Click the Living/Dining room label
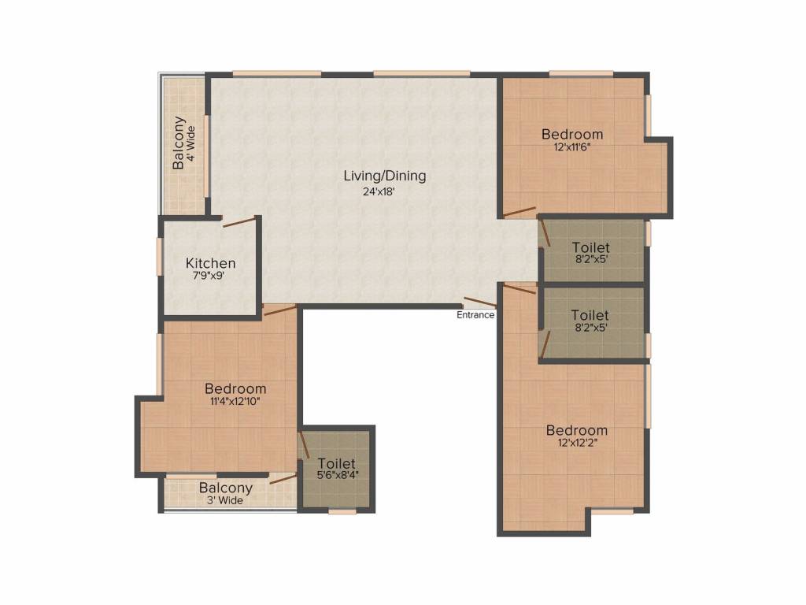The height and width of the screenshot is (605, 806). coord(384,176)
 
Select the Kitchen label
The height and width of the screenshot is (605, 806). coord(211,263)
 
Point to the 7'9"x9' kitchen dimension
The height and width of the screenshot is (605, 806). coord(208,276)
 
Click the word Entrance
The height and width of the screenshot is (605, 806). coord(475,315)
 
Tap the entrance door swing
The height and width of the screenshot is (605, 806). coord(481,302)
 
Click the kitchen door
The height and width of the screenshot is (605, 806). coord(239,222)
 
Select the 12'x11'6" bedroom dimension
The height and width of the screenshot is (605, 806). coord(572,147)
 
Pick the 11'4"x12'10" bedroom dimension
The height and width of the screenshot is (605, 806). coord(235,401)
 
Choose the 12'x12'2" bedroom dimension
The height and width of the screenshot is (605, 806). coord(577,443)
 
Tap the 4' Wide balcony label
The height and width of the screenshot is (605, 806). coord(191,143)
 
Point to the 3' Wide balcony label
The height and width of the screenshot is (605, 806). coord(225,500)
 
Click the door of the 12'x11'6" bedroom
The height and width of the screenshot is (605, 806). coord(519,212)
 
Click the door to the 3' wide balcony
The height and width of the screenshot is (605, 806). coord(283,480)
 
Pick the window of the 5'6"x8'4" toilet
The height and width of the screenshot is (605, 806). coord(342,511)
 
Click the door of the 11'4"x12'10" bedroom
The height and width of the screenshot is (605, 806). coord(280,310)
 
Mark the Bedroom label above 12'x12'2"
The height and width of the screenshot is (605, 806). coord(577,430)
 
